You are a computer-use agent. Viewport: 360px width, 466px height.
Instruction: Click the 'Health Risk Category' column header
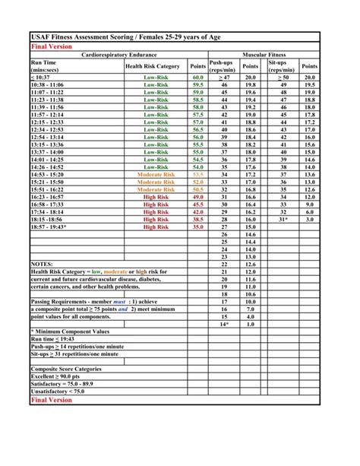tap(152, 66)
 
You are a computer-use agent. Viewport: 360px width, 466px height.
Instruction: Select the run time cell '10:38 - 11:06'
tap(47, 85)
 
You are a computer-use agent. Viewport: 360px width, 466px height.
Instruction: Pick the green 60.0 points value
tap(197, 78)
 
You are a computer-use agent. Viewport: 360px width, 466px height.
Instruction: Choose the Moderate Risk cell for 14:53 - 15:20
tap(156, 174)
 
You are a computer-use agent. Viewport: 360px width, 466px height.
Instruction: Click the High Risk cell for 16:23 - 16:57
tap(156, 196)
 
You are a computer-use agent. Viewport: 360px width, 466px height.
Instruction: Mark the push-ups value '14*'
tap(224, 323)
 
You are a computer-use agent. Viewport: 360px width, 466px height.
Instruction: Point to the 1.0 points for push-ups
tap(250, 323)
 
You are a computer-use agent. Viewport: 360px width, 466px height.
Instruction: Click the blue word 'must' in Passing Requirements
tap(119, 301)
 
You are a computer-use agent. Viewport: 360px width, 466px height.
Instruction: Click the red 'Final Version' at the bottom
tap(50, 399)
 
